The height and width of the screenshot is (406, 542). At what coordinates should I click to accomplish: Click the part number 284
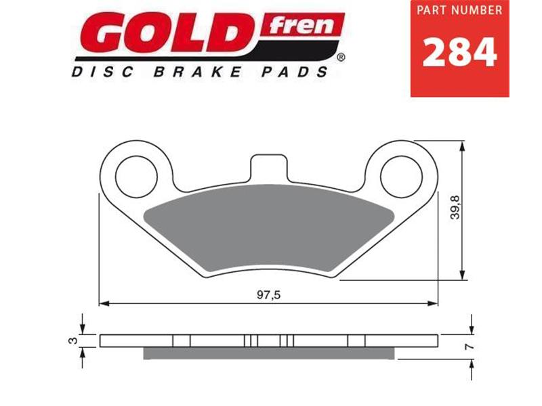coord(459,52)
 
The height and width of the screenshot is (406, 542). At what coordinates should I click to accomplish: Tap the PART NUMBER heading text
coord(459,12)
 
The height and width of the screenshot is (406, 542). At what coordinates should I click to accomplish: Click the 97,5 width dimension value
coord(270,294)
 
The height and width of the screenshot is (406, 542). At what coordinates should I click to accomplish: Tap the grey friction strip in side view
coord(269,353)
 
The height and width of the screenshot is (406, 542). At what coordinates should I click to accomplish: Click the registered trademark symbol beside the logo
coord(340,58)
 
